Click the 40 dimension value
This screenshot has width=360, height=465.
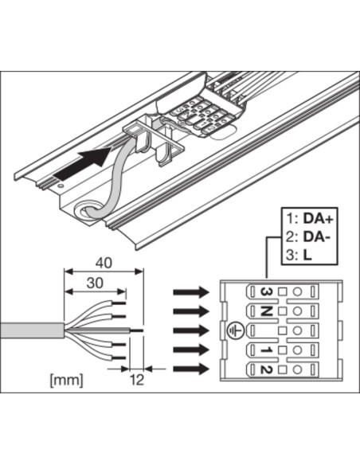point(104,263)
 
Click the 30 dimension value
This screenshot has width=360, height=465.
point(95,283)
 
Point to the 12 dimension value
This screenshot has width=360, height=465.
point(137,380)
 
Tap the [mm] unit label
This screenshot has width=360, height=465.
point(66,381)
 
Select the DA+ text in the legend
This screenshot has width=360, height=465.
point(319,218)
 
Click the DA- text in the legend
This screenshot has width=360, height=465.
point(316,237)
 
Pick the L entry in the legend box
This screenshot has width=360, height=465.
point(307,256)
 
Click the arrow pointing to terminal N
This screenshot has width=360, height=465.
point(191,311)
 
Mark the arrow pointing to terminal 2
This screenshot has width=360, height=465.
point(191,369)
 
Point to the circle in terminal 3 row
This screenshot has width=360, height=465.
point(297,291)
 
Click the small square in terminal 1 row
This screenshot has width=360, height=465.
point(283,350)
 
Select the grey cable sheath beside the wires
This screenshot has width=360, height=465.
point(32,330)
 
